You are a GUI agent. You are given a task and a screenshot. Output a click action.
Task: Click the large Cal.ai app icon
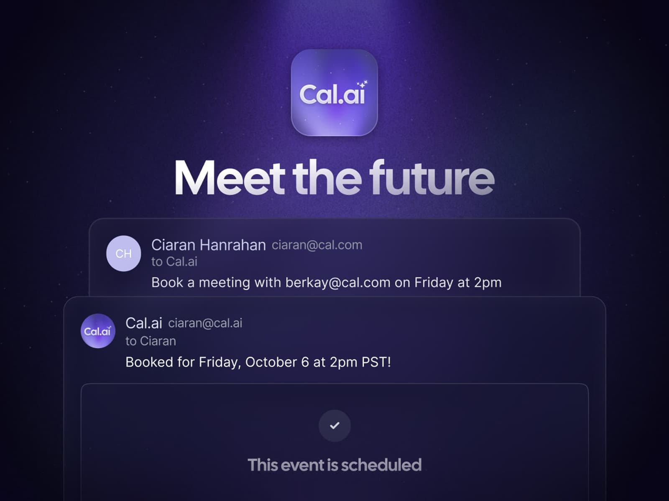334,93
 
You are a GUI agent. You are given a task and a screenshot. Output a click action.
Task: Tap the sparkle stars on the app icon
362,84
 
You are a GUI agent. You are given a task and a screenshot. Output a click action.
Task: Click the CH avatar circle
123,253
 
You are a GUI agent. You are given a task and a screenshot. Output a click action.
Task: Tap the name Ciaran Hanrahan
208,245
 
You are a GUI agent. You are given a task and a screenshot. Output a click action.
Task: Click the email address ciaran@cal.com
317,245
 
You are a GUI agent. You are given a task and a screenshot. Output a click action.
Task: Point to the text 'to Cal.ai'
174,262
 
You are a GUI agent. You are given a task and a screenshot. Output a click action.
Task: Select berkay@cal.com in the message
338,283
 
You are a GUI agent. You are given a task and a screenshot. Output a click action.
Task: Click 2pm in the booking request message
488,283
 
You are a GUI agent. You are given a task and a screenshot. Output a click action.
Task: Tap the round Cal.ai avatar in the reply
97,331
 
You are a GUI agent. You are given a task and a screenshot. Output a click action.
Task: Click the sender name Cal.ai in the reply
143,323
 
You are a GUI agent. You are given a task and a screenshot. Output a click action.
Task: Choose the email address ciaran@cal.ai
205,323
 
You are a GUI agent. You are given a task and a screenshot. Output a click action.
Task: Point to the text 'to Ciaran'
151,341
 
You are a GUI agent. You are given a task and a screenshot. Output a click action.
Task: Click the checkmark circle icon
334,425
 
